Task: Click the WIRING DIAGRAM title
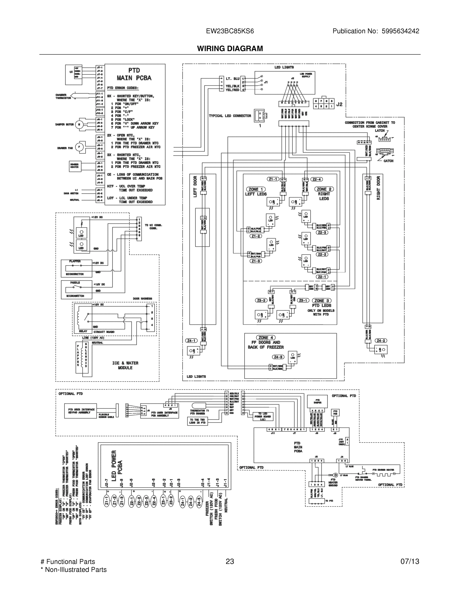[230, 49]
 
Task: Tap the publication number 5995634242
[400, 31]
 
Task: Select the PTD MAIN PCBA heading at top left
[134, 74]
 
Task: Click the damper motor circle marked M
[79, 124]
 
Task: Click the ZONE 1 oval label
[256, 189]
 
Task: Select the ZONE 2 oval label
[324, 189]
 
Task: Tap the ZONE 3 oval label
[322, 301]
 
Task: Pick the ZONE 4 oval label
[266, 338]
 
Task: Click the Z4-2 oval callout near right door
[381, 341]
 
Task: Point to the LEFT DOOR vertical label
[195, 187]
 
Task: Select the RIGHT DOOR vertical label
[378, 188]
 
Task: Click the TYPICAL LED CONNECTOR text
[230, 116]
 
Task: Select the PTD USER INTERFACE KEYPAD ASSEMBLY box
[81, 411]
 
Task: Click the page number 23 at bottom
[230, 562]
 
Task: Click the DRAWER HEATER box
[75, 166]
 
